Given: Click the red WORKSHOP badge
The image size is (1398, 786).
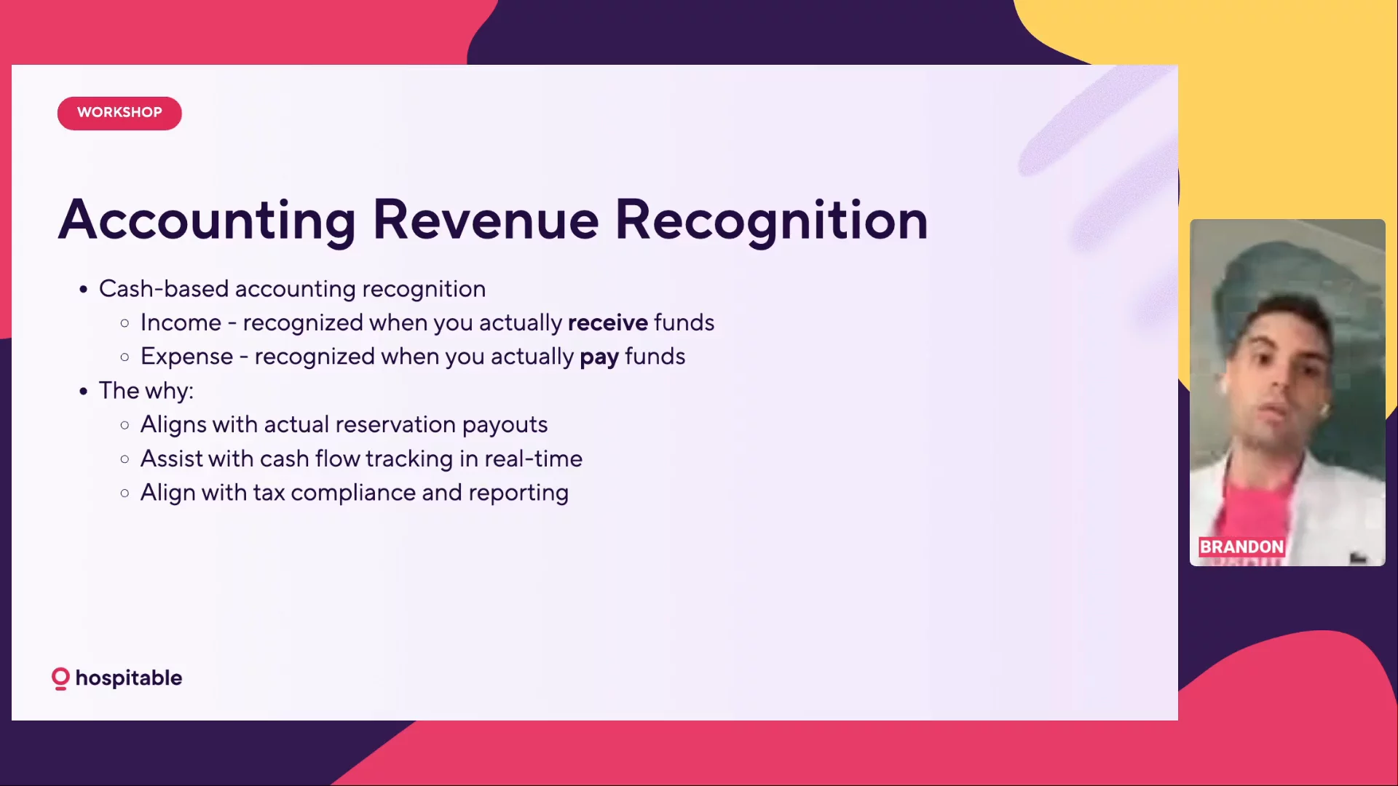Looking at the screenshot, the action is coord(119,113).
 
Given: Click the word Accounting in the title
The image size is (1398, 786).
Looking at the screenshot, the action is coord(207,221).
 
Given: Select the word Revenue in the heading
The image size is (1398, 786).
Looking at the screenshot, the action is coord(486,220).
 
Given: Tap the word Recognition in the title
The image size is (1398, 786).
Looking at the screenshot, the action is coord(772,221).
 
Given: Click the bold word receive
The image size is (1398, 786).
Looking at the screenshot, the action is coord(608,322).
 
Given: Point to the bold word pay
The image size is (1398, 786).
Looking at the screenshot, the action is coord(599,357).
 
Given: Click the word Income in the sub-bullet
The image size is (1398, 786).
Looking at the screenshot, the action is coord(181,322).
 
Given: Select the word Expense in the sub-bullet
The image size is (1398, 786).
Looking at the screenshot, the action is coord(186,357).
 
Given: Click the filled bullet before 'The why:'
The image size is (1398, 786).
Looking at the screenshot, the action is coord(84,392).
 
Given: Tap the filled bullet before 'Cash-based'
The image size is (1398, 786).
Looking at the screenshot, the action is coord(84,290).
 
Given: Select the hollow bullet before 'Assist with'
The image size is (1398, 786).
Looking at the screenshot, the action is coord(125,459).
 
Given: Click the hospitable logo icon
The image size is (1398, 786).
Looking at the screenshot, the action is coord(60,678).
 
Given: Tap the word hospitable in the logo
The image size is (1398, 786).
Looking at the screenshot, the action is coord(129,678).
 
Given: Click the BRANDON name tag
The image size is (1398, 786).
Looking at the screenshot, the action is coord(1241,547).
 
